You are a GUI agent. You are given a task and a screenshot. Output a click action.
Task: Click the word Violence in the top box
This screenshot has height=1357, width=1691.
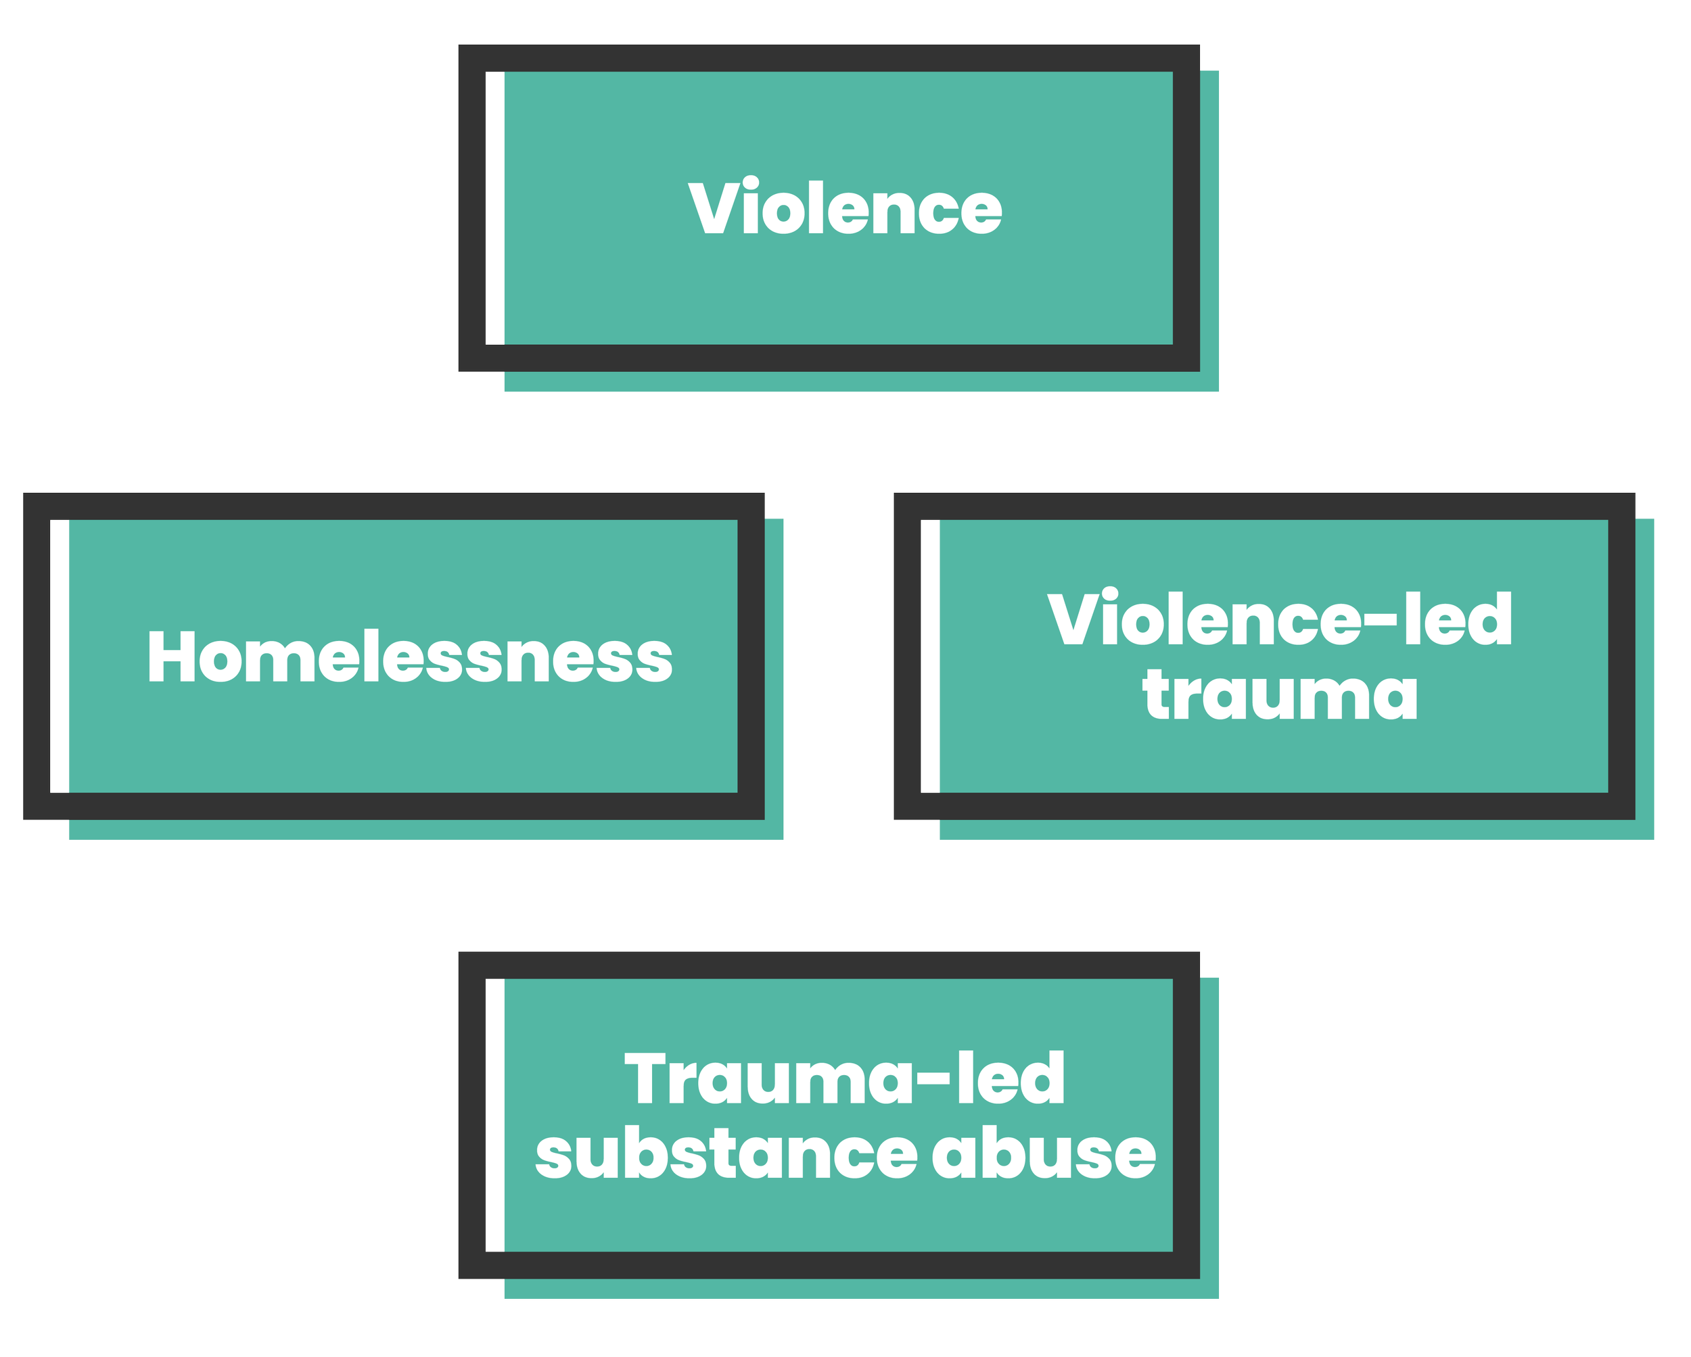845,208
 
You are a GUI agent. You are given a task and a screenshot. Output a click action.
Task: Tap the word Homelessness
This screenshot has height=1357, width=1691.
409,657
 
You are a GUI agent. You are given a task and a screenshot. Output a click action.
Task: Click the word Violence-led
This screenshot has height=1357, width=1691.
1280,620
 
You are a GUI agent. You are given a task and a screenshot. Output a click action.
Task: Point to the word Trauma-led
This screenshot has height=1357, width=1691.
845,1080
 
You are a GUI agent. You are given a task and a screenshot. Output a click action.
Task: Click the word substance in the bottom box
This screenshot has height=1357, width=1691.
726,1154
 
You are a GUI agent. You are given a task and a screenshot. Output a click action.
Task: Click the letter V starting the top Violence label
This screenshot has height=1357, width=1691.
714,208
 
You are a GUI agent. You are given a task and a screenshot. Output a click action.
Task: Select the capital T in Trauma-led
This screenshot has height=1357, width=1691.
651,1080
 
